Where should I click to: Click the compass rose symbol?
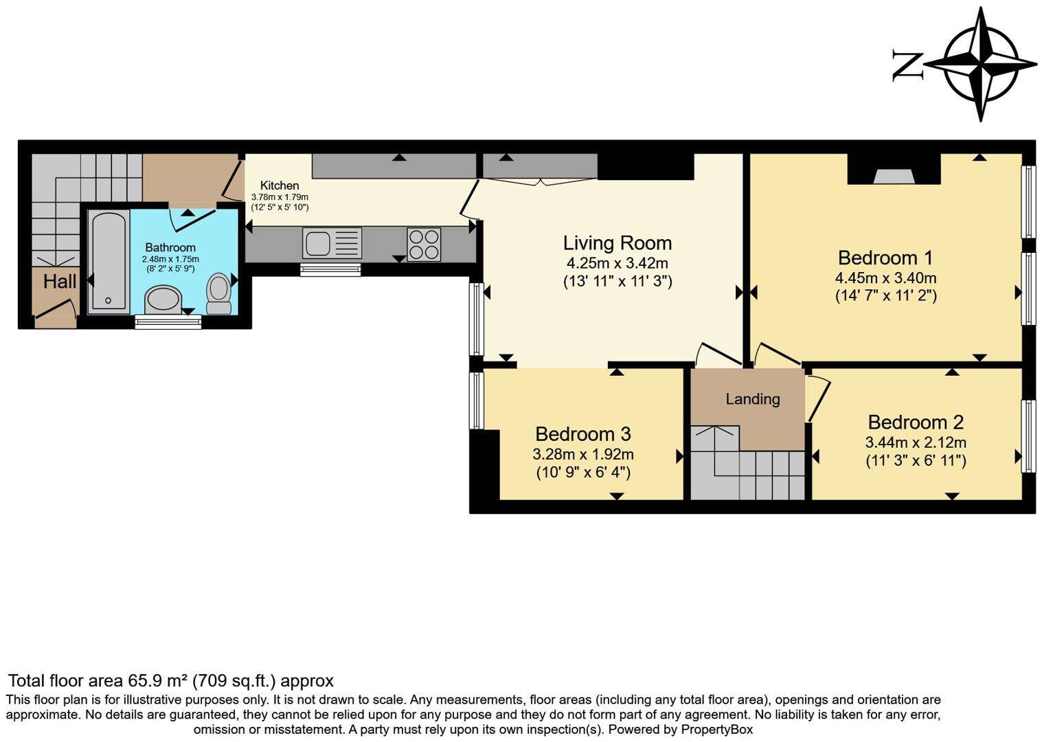(980, 65)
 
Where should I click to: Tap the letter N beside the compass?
(907, 65)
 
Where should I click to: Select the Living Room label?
(617, 243)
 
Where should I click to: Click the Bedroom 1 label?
(885, 258)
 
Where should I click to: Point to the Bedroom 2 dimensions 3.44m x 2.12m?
(916, 442)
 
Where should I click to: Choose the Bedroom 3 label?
(582, 434)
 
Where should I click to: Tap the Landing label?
(753, 399)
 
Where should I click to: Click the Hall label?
(60, 281)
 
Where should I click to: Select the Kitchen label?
(280, 185)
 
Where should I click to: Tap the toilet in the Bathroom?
(219, 293)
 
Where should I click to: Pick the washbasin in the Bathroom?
(163, 300)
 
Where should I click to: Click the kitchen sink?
(332, 244)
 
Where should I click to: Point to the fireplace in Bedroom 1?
(894, 176)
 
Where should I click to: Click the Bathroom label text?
(170, 247)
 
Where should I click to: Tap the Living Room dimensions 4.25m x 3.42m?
(617, 263)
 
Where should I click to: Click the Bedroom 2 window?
(1028, 436)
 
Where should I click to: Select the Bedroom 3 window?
(476, 400)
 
